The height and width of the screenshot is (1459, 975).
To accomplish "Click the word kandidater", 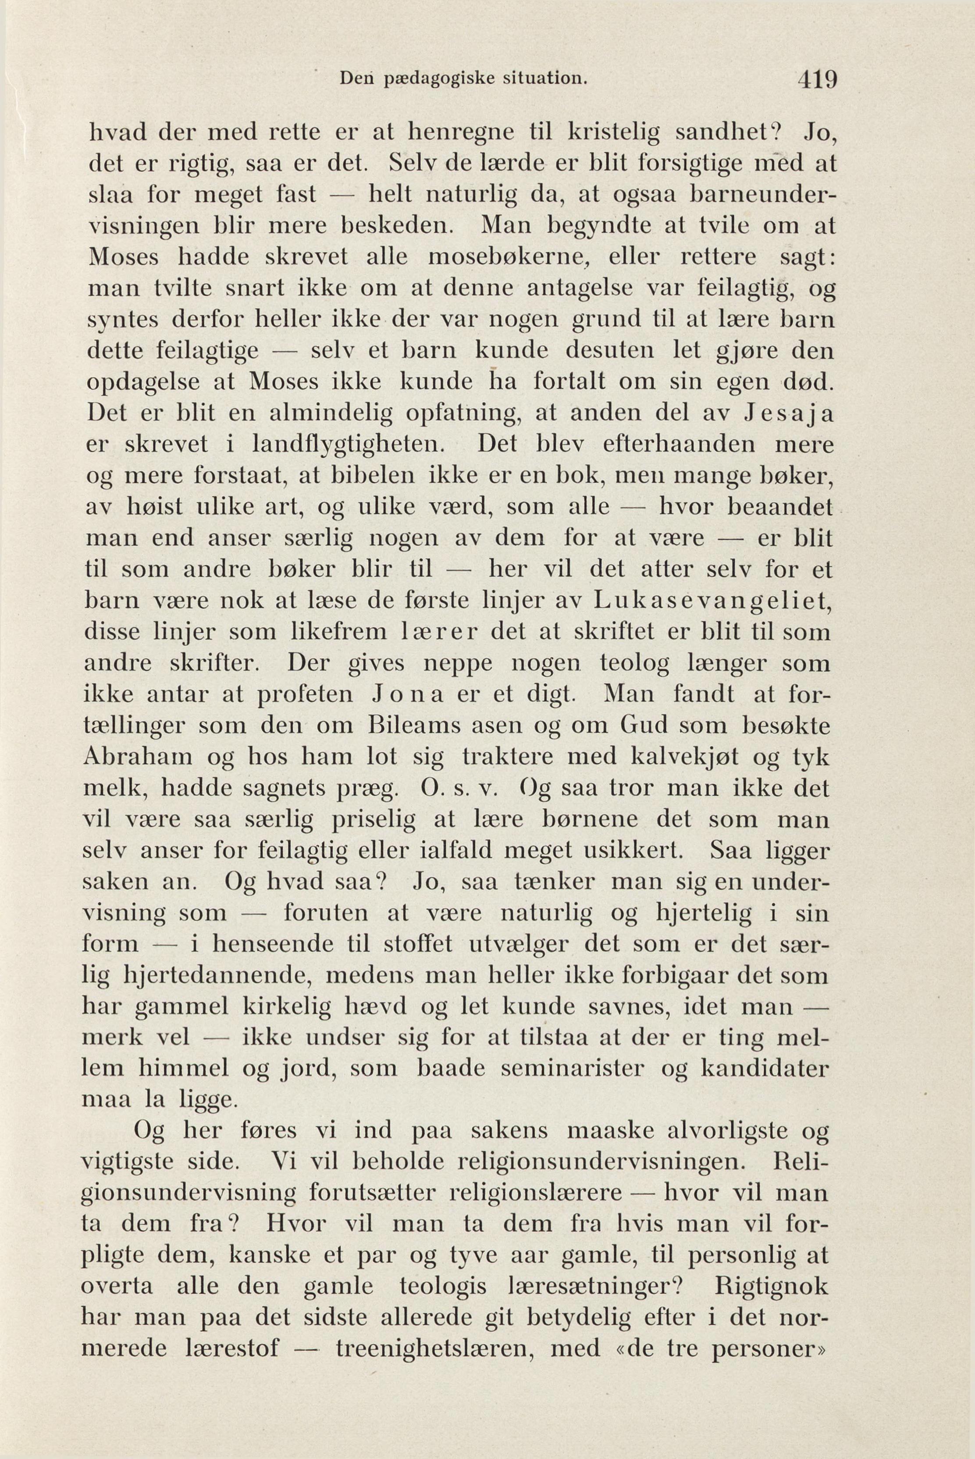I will [x=765, y=1069].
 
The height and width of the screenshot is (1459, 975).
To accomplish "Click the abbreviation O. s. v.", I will [x=456, y=788].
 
